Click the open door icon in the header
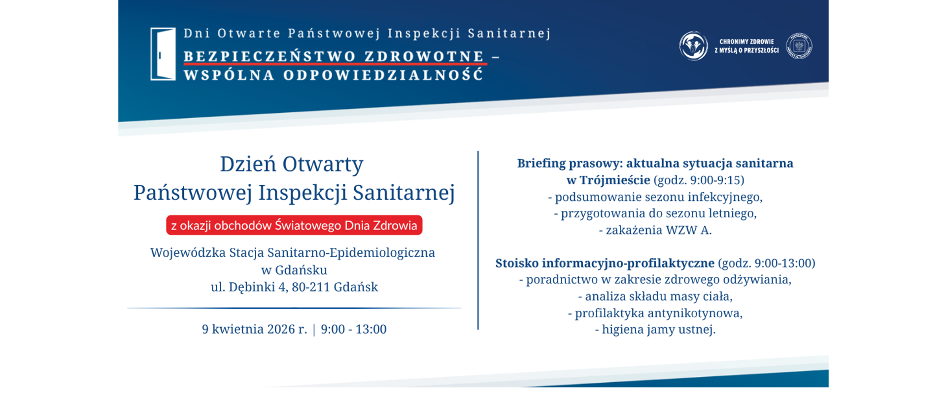[163, 54]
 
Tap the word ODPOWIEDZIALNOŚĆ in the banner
[383, 75]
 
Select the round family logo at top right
[693, 46]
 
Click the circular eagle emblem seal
[799, 46]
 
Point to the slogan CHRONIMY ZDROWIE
[746, 42]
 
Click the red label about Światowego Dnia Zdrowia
[294, 225]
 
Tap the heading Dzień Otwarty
[291, 164]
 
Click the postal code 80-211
[311, 287]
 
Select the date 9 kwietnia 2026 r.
[254, 329]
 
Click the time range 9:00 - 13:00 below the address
[353, 329]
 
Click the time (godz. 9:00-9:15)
[699, 180]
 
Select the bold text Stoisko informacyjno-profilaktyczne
[605, 263]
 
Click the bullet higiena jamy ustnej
[655, 330]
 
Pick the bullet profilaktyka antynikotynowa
[655, 313]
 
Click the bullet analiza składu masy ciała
[655, 297]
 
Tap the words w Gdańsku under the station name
[294, 270]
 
